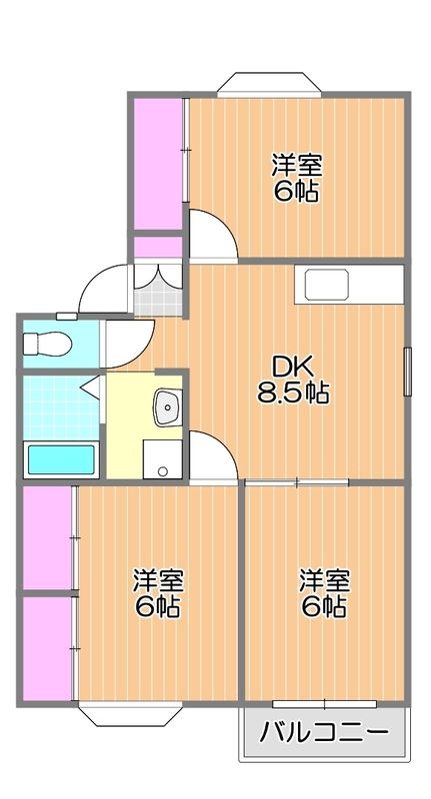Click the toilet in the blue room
coord(47,344)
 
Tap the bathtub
coord(61,459)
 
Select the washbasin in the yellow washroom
coord(167,407)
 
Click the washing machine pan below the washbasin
coord(163,459)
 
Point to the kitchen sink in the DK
coord(327,286)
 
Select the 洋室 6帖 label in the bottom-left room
coord(158,593)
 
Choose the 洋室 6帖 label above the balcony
coord(323,593)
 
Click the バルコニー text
coord(324,734)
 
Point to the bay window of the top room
coord(269,85)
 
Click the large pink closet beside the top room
coord(158,164)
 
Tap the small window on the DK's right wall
coord(408,372)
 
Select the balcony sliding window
coord(324,704)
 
